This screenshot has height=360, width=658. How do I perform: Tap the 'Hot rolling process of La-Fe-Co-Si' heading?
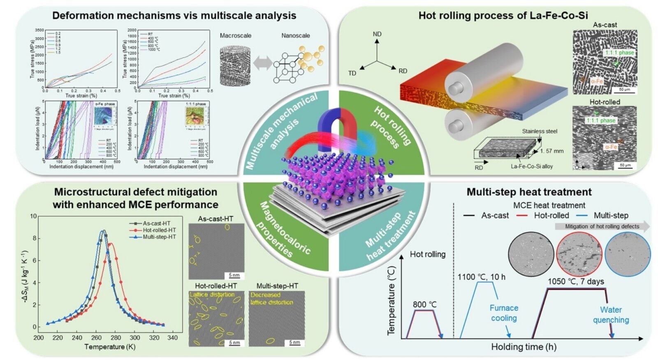pyautogui.click(x=503, y=16)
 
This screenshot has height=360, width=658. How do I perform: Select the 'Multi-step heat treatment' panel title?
pyautogui.click(x=529, y=192)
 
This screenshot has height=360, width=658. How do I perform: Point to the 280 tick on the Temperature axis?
pyautogui.click(x=116, y=338)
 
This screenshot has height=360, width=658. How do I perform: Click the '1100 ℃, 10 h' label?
pyautogui.click(x=481, y=277)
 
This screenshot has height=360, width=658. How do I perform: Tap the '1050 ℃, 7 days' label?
pyautogui.click(x=576, y=282)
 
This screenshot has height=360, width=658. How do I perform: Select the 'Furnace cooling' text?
pyautogui.click(x=504, y=313)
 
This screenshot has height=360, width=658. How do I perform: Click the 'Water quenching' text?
pyautogui.click(x=611, y=315)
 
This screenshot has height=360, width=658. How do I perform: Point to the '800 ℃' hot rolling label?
pyautogui.click(x=425, y=305)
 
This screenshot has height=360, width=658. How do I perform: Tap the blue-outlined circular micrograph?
pyautogui.click(x=628, y=253)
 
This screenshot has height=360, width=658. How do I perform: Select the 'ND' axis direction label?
pyautogui.click(x=377, y=34)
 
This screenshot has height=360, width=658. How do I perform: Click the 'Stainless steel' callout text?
pyautogui.click(x=540, y=131)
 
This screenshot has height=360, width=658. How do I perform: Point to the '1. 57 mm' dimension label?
pyautogui.click(x=551, y=151)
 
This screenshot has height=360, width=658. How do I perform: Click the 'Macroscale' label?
pyautogui.click(x=235, y=36)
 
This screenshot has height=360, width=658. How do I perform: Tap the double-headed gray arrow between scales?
pyautogui.click(x=263, y=63)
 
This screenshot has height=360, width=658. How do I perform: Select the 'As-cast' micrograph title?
pyautogui.click(x=605, y=25)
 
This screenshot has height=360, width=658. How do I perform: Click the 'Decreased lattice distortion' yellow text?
pyautogui.click(x=271, y=298)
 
